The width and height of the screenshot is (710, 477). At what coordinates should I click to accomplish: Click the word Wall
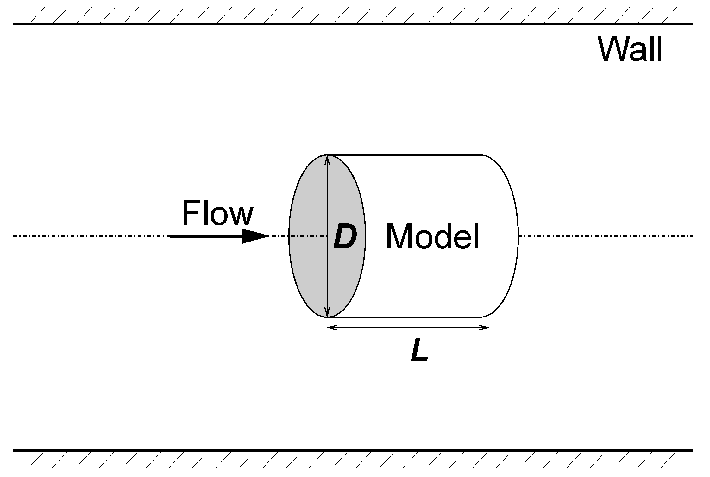[x=630, y=49]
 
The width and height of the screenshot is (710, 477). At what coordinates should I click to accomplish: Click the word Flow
[x=217, y=213]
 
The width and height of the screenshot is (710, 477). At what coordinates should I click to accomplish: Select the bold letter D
[x=345, y=236]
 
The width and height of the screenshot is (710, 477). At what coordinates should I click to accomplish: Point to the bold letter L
[x=419, y=351]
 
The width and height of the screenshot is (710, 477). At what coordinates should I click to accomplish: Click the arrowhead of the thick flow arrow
[x=255, y=236]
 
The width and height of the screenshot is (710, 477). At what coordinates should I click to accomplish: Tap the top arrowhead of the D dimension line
[x=328, y=160]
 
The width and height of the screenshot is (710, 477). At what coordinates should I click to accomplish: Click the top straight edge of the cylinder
[x=405, y=155]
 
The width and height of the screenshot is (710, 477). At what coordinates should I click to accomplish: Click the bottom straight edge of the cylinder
[x=405, y=317]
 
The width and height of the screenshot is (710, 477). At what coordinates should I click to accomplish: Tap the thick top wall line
[x=348, y=24]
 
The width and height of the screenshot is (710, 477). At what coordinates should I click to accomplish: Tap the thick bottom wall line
[x=348, y=450]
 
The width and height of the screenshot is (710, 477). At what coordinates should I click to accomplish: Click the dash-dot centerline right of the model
[x=601, y=236]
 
